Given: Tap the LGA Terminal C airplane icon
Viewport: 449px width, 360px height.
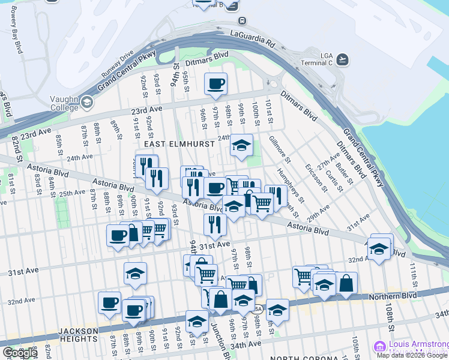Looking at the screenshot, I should point(343,59).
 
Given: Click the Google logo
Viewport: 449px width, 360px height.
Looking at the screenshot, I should point(19,353).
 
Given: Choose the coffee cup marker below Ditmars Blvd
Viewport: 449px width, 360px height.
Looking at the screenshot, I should point(215,85).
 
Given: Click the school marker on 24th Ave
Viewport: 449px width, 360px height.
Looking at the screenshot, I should point(241,145).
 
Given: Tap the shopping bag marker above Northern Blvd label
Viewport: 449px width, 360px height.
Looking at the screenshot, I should point(346,284).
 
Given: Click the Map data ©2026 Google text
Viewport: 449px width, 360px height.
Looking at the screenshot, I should point(412,355).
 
